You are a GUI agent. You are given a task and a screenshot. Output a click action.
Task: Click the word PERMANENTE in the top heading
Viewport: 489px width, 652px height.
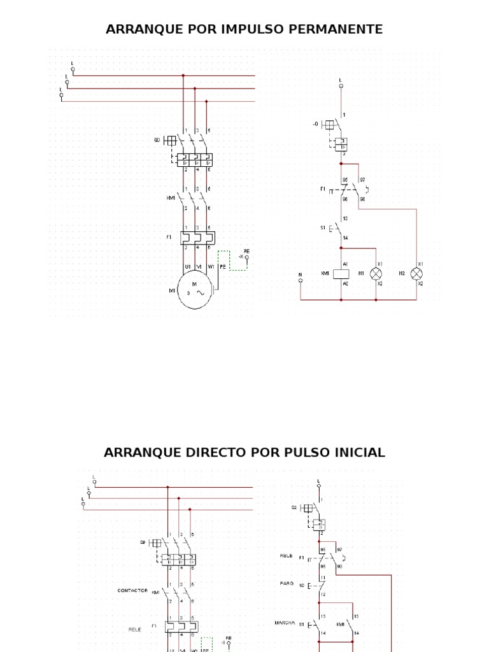343,29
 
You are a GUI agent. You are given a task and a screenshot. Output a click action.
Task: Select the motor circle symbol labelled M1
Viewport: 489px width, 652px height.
197,292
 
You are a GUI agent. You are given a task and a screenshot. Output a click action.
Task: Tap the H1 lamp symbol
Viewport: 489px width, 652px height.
376,273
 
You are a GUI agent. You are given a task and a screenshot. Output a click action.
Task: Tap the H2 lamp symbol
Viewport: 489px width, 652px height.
416,273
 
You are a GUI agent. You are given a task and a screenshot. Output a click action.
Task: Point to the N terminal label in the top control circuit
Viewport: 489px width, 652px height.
301,274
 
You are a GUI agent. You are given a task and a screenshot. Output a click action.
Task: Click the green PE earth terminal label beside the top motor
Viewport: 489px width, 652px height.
246,252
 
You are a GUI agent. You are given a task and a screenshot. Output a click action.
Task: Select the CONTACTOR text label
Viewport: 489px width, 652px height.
132,590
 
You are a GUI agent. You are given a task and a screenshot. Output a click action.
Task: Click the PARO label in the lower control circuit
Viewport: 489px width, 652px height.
287,583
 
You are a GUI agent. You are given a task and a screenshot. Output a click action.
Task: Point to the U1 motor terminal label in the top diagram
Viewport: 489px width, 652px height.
188,267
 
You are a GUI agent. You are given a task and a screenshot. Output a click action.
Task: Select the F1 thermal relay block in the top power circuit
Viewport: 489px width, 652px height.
197,237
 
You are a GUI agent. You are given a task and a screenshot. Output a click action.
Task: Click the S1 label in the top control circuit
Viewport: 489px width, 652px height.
323,227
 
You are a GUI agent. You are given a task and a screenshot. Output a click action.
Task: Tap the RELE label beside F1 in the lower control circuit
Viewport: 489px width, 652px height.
286,555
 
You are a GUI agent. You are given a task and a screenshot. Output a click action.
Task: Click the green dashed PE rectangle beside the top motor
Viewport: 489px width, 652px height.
223,260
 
